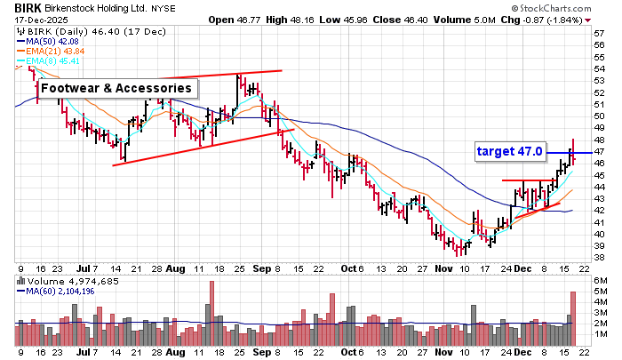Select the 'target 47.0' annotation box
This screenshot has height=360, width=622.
509,151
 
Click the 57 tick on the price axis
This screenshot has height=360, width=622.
600,33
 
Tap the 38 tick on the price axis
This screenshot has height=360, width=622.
600,258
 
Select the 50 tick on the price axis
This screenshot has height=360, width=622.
600,116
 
